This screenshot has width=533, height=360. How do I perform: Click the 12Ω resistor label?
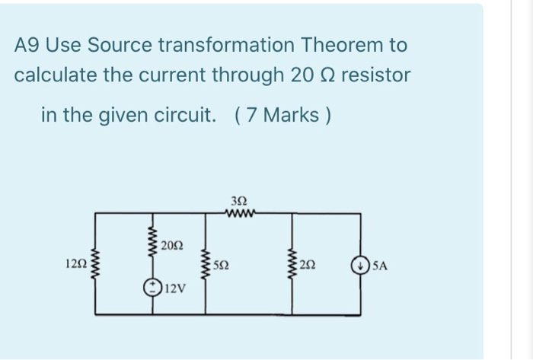77,265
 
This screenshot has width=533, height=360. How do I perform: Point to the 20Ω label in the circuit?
172,246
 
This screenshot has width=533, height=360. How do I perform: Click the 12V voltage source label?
175,288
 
